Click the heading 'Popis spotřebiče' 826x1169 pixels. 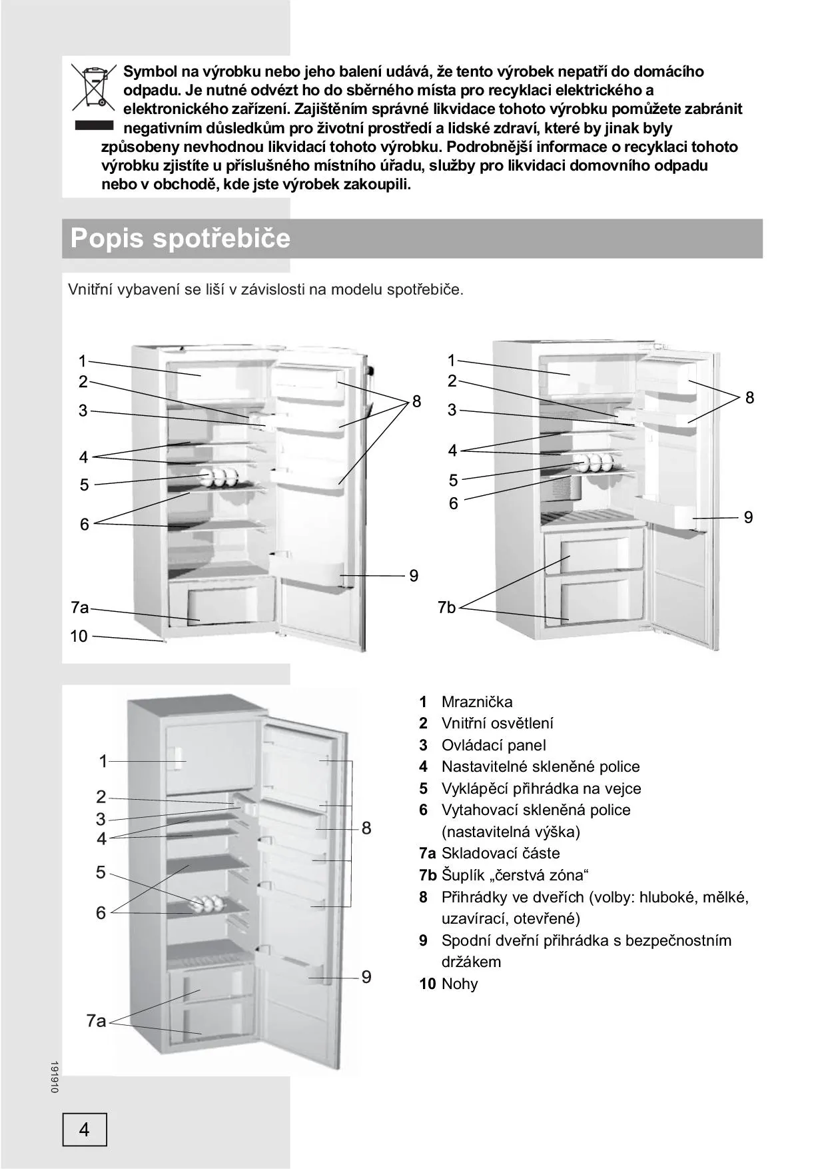tap(181, 238)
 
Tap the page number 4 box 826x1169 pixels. tap(85, 1129)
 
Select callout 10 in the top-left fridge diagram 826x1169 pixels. tap(79, 636)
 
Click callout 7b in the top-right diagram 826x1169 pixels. tap(447, 607)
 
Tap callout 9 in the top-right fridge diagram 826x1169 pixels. tap(748, 517)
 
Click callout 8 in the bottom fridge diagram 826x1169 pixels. tap(366, 828)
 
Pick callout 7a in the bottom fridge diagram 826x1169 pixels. tap(96, 1020)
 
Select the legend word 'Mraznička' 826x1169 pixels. tap(477, 702)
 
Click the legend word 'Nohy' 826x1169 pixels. tap(460, 984)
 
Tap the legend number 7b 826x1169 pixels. tap(428, 875)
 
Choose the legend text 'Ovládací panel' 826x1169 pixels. tap(494, 745)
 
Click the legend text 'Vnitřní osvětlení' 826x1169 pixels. tap(497, 723)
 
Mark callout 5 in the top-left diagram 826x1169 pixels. tap(84, 485)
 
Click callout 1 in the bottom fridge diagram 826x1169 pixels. tap(103, 760)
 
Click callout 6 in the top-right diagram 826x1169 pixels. tap(453, 503)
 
